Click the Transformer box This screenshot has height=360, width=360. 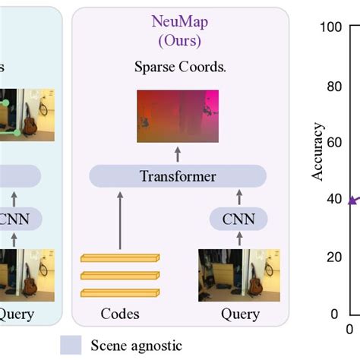pos(178,176)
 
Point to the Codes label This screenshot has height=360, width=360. pos(120,314)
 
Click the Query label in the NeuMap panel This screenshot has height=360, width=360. pos(240,314)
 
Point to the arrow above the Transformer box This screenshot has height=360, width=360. pos(178,154)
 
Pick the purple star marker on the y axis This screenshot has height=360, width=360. pos(352,201)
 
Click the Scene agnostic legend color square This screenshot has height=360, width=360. pos(71,345)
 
